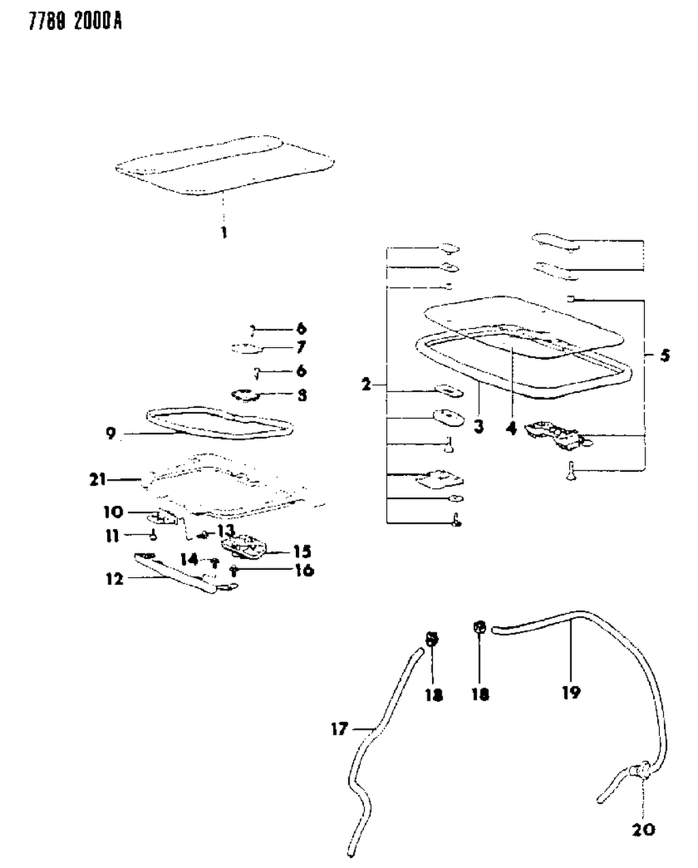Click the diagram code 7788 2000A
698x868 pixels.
[65, 22]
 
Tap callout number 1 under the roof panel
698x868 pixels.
[223, 233]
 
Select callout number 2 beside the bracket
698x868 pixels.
[367, 385]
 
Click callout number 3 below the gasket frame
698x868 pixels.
[479, 427]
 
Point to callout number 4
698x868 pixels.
[511, 429]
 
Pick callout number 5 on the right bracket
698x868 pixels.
[665, 355]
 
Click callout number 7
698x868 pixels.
[301, 348]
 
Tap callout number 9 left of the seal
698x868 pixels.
[111, 433]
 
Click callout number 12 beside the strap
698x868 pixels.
[115, 579]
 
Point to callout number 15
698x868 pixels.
[302, 551]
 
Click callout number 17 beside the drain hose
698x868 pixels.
[339, 729]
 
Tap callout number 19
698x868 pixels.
[571, 692]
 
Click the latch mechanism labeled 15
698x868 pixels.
[246, 547]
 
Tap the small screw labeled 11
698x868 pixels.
[154, 535]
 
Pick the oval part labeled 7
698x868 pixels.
[246, 349]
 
